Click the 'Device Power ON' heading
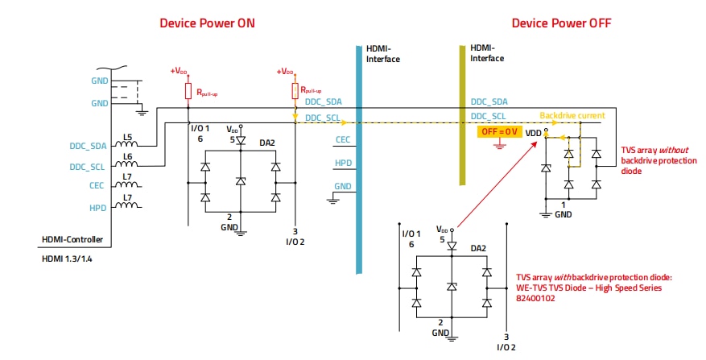(208, 23)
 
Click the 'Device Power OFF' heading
(561, 23)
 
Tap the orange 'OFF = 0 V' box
(500, 131)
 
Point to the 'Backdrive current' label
(572, 115)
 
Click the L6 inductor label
(126, 158)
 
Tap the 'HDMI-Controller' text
(74, 239)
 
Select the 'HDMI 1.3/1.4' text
(68, 258)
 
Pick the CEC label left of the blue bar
(341, 139)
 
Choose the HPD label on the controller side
(97, 207)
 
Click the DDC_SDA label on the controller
(87, 146)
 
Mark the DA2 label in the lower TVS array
(477, 248)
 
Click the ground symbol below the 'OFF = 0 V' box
(500, 145)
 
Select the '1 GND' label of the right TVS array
(563, 210)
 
